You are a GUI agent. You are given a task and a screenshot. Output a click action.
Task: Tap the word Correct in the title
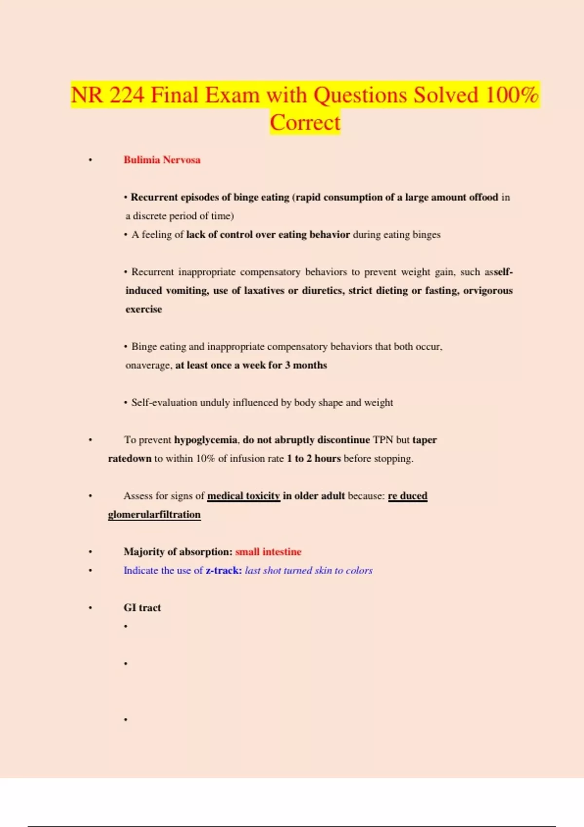[305, 123]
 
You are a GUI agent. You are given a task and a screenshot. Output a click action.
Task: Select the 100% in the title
[511, 95]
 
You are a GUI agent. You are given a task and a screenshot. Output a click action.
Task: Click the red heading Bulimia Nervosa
[162, 160]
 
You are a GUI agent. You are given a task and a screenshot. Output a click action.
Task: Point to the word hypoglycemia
[206, 440]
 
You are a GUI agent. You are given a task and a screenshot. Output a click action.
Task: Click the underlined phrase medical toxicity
[244, 496]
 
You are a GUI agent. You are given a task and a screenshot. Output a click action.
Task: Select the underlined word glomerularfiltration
[154, 515]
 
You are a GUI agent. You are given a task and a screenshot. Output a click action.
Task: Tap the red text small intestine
[268, 552]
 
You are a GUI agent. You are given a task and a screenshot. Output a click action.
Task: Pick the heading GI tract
[142, 608]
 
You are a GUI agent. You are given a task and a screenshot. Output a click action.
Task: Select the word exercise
[144, 309]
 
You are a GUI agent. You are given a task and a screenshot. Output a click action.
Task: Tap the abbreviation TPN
[383, 440]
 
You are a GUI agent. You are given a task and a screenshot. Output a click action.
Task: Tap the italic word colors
[359, 570]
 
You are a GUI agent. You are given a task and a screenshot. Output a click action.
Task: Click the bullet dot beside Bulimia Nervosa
[90, 160]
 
